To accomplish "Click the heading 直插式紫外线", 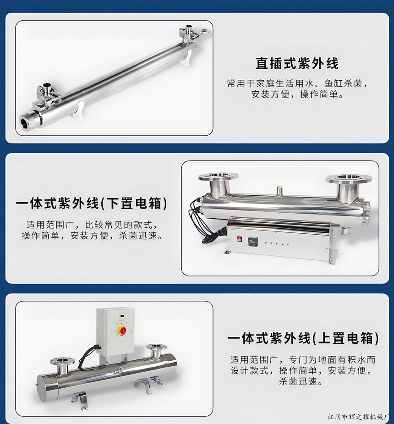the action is [297, 63].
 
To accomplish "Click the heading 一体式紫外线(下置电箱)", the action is [92, 204].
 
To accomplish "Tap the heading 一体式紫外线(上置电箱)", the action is [303, 338].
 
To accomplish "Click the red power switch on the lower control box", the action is [240, 239].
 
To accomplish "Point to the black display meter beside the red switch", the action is [253, 241].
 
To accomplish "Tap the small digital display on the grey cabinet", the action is [121, 316].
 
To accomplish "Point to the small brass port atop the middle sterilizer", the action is [279, 191].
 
